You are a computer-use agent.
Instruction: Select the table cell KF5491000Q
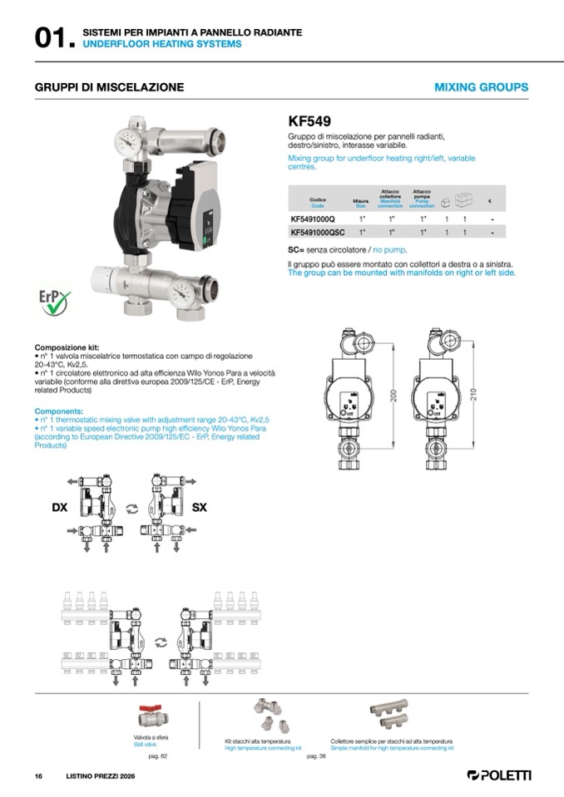[313, 219]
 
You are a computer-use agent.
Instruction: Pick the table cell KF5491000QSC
[318, 233]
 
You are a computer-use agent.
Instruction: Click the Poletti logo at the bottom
[499, 775]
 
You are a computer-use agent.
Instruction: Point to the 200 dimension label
[393, 395]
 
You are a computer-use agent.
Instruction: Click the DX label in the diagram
[59, 506]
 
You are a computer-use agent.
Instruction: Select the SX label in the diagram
[200, 506]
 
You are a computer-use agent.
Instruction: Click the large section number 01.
[53, 38]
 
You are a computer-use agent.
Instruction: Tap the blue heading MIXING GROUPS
[481, 87]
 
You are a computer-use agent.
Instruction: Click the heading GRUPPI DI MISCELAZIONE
[109, 87]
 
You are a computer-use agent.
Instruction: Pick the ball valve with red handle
[154, 716]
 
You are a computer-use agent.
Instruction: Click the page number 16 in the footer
[38, 775]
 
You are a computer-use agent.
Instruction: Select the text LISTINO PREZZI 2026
[100, 775]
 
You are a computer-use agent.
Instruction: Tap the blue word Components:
[59, 411]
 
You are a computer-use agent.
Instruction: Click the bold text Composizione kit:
[67, 347]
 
